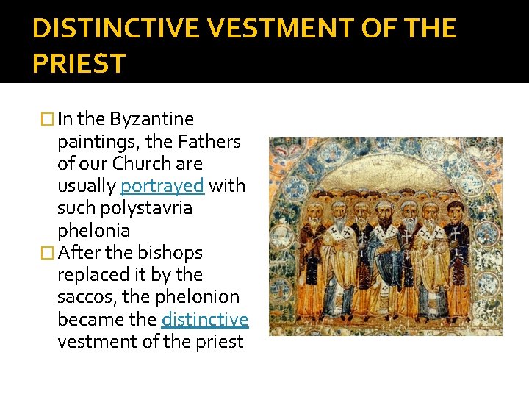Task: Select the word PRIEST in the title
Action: tap(79, 63)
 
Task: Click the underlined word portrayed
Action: tap(162, 185)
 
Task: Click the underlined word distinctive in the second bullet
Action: tap(205, 319)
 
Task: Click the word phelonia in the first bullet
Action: tap(93, 230)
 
